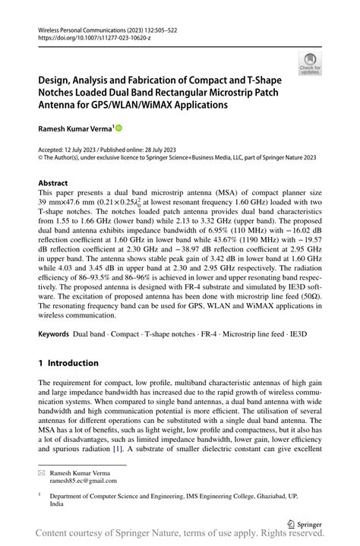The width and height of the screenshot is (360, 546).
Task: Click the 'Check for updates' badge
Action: pyautogui.click(x=311, y=63)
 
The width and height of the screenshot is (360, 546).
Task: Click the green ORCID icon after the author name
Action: pyautogui.click(x=118, y=130)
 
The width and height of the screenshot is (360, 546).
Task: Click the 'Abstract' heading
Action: pyautogui.click(x=55, y=184)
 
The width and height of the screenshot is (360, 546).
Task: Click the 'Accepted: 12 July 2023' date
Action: pyautogui.click(x=73, y=150)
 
